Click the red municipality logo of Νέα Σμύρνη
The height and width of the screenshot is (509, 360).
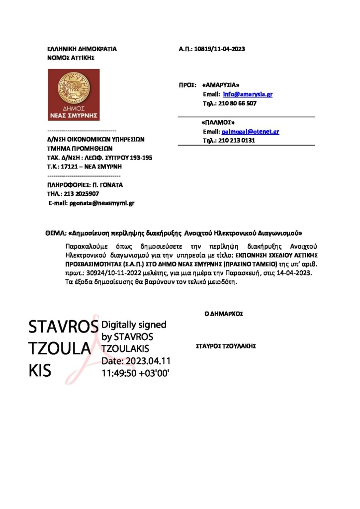coord(74,94)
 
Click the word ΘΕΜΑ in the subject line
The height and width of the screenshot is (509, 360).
coord(55,233)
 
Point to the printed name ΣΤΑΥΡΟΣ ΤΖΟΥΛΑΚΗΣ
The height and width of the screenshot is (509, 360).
coord(226,345)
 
